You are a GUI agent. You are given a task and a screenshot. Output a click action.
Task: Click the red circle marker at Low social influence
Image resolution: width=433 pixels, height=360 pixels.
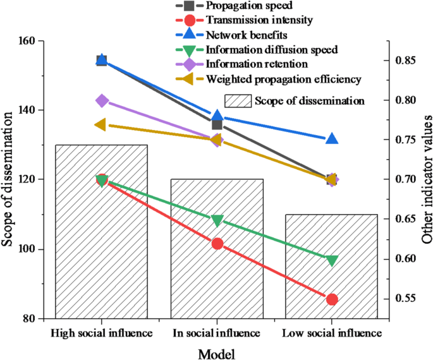click(x=332, y=299)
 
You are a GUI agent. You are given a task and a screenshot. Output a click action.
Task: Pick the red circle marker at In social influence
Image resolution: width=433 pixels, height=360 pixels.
click(x=217, y=243)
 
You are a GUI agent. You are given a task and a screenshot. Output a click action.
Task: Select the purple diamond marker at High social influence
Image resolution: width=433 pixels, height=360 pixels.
click(x=102, y=101)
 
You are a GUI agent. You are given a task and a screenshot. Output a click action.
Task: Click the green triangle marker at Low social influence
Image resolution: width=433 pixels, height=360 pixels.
click(x=332, y=260)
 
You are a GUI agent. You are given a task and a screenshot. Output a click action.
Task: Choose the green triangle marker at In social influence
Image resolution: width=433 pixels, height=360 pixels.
click(x=217, y=220)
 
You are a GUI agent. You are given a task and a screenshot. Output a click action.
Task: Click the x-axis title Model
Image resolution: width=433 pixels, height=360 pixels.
click(x=217, y=352)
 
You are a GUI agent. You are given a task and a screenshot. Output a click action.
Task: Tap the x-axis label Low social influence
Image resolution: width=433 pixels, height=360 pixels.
click(x=332, y=332)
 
